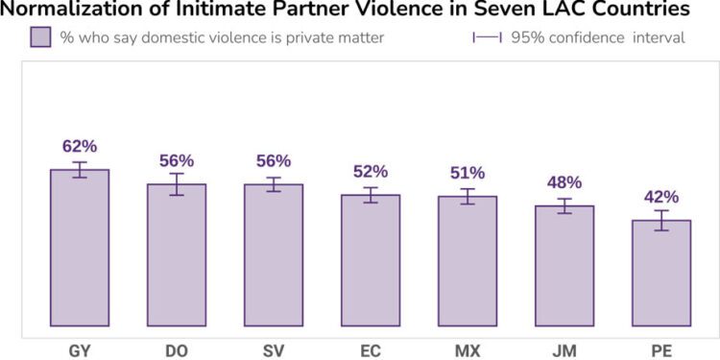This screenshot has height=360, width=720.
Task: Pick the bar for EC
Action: [371, 260]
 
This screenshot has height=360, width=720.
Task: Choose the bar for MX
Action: [468, 261]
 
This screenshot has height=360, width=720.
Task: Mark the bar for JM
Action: [564, 266]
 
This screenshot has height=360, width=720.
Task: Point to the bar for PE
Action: [661, 273]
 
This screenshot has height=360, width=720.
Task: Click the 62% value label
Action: [80, 146]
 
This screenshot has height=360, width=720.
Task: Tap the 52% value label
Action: [371, 171]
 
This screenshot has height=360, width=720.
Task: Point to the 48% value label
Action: [564, 181]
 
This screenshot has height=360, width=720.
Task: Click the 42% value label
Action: [661, 197]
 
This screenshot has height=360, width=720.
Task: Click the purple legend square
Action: [40, 38]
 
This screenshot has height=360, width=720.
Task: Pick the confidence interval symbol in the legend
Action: [488, 38]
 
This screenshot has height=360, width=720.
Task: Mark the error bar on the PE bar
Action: [661, 221]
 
